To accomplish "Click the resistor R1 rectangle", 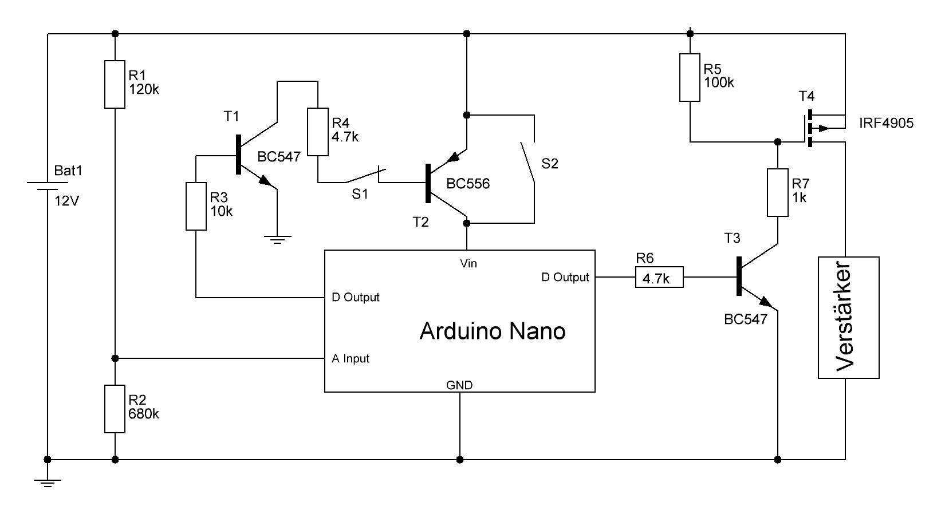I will [115, 84].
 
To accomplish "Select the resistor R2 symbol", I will [115, 409].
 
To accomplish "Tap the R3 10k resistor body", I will [196, 206].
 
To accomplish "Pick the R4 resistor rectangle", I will [318, 132].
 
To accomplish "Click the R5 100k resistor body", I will [690, 77].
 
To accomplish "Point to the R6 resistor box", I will [659, 278].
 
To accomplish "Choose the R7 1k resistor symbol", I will [777, 192].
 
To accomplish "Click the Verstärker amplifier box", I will [848, 318].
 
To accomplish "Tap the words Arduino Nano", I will [492, 331].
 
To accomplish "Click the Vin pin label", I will [468, 263].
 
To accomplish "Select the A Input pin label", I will [351, 359].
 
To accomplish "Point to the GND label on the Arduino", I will [459, 385].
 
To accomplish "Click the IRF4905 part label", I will [887, 123].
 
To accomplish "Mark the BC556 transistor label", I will [468, 184].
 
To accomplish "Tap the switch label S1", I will [360, 195].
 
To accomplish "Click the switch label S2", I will [549, 164].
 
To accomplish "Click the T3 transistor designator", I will [732, 238].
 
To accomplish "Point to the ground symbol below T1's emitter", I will [277, 239].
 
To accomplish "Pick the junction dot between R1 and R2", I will [115, 358].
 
